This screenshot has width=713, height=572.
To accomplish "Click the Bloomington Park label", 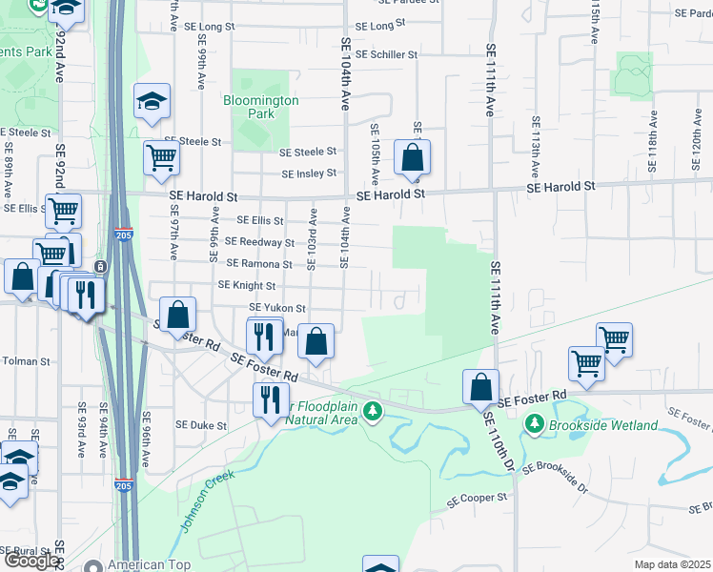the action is pos(261,107).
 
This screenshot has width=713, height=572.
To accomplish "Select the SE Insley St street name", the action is pos(308,174).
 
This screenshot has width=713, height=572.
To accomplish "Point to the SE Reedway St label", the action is pos(259,242).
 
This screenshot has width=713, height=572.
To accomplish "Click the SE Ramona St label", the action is pos(259,263).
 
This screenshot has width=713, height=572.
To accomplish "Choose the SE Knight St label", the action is pos(247,285).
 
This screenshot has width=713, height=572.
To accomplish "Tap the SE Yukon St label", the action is pos(276,308).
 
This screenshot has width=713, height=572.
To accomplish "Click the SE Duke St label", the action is pos(201,425).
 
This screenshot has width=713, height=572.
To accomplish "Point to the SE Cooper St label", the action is pos(478,499).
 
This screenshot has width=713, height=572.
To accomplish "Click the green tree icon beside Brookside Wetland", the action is pos(535,423).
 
